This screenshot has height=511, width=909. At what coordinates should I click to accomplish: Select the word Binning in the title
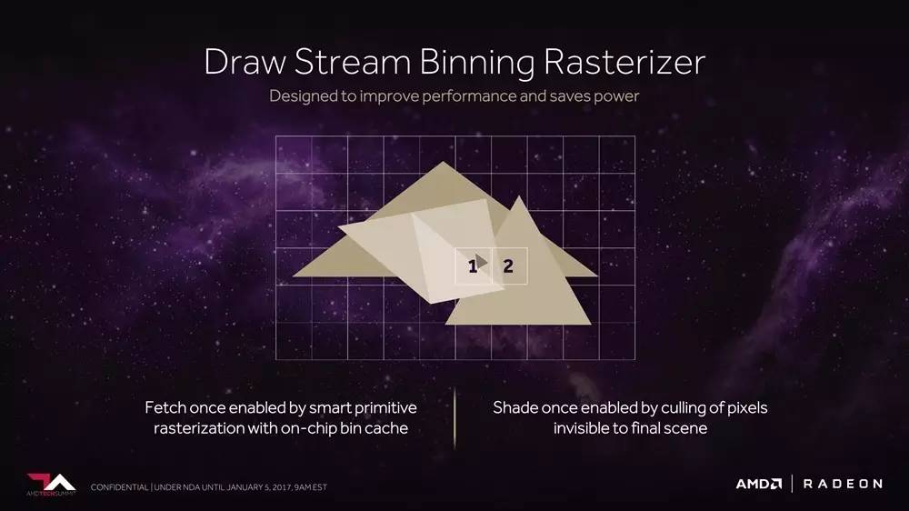476,63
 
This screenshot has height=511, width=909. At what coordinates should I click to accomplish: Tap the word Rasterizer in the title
624,62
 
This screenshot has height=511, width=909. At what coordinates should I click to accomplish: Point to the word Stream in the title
353,62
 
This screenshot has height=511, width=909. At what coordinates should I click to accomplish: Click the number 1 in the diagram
473,266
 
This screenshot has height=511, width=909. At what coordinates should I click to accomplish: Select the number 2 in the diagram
508,266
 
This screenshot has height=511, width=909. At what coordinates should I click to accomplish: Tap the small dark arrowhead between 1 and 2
481,262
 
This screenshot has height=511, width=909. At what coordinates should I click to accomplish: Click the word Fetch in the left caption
165,407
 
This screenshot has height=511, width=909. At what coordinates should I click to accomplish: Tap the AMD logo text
759,484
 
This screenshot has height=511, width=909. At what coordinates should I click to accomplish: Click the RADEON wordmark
843,484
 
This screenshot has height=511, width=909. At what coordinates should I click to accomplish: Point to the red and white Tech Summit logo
51,485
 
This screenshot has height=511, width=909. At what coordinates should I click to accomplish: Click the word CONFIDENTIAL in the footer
119,487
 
